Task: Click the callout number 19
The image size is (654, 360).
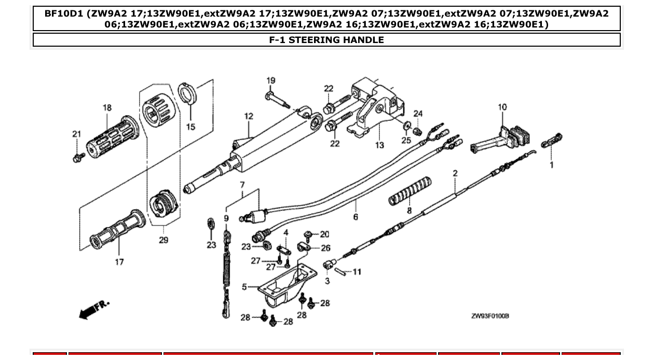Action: click(x=271, y=80)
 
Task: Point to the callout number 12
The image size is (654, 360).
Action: click(x=249, y=116)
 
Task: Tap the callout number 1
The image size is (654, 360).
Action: click(x=551, y=165)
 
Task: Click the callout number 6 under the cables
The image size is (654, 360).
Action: click(x=356, y=217)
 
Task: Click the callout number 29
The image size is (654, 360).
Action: click(x=163, y=240)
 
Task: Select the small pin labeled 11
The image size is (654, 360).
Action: click(x=340, y=271)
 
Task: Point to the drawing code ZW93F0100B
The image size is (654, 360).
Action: click(x=489, y=316)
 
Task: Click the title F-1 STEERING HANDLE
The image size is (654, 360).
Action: click(x=326, y=40)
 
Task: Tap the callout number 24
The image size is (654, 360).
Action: click(x=418, y=114)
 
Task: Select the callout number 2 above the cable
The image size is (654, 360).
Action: click(x=455, y=173)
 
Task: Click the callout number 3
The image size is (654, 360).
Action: click(x=327, y=281)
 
